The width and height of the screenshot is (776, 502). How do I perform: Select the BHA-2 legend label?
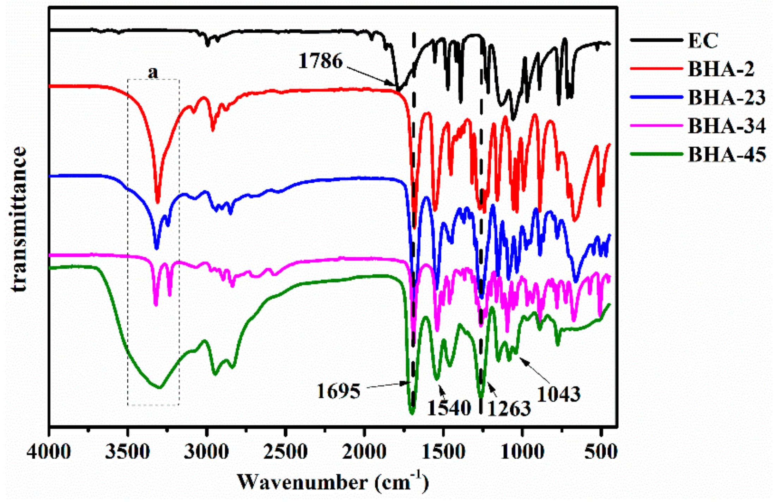click(x=721, y=69)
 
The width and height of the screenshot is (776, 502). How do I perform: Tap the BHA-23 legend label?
click(x=727, y=97)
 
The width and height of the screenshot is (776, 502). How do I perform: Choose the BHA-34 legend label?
click(x=727, y=126)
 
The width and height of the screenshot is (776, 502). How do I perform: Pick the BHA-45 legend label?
click(x=727, y=154)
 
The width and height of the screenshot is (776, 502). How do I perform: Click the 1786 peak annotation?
click(x=320, y=61)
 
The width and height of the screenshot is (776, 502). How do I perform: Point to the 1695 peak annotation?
click(x=339, y=391)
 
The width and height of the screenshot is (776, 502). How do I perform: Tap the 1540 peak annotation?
click(x=449, y=408)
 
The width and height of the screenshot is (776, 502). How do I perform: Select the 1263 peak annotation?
click(x=509, y=409)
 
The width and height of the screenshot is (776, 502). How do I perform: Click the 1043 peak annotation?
click(x=559, y=394)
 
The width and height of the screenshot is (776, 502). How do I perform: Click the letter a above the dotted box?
click(x=153, y=72)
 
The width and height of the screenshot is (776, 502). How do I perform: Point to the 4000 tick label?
click(x=49, y=452)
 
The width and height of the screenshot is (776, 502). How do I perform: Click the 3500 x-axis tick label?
click(x=128, y=452)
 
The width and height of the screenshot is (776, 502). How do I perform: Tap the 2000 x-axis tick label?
click(x=364, y=452)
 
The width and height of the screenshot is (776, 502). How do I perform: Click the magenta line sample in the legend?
click(x=656, y=126)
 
